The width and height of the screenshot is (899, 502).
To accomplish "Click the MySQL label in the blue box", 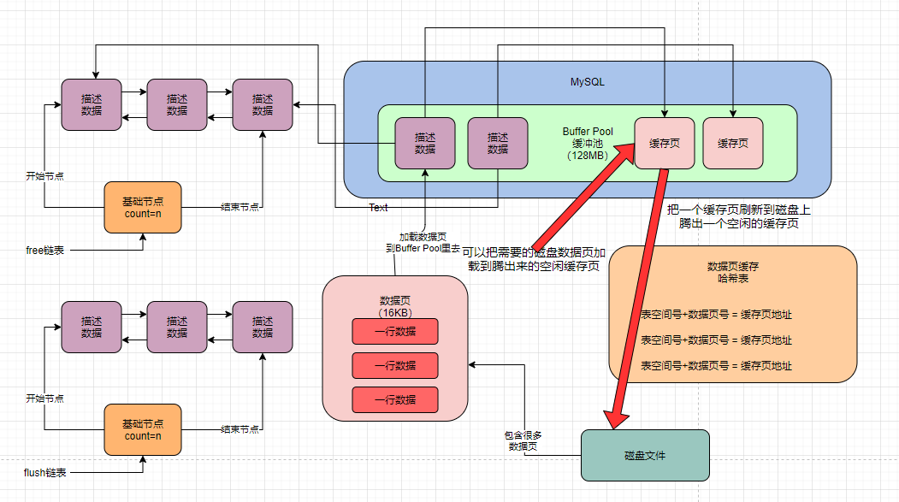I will click(587, 82).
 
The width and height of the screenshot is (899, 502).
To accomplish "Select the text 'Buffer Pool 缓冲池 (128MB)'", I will click(587, 144).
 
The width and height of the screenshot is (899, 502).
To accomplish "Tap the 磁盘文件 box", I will click(645, 455).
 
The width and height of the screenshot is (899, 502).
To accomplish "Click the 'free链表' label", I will click(45, 251).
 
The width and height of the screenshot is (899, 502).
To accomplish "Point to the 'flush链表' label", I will click(45, 472).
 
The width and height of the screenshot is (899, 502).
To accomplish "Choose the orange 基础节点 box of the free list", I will click(143, 208).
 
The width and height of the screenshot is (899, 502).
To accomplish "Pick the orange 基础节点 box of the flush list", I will click(143, 429).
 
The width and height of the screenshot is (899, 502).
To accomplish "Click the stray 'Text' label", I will click(378, 208).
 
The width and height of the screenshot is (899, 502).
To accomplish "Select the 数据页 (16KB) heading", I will click(395, 306).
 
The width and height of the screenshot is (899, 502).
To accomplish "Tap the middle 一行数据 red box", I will click(395, 365).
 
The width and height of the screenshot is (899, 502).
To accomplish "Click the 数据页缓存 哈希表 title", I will click(732, 272).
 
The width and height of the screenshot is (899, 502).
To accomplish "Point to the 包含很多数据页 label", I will click(523, 440).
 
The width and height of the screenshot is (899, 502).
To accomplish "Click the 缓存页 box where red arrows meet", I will click(664, 143).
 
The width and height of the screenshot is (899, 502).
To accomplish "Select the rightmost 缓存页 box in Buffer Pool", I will click(733, 143).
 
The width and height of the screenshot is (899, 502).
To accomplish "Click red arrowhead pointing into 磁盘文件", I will click(616, 419).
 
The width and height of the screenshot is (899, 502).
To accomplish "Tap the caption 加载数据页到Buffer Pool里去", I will click(423, 242).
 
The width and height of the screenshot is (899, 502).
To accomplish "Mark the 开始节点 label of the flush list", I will click(44, 399).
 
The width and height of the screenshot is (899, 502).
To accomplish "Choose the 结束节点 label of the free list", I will click(240, 207).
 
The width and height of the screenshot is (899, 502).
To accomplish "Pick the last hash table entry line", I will click(717, 365).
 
